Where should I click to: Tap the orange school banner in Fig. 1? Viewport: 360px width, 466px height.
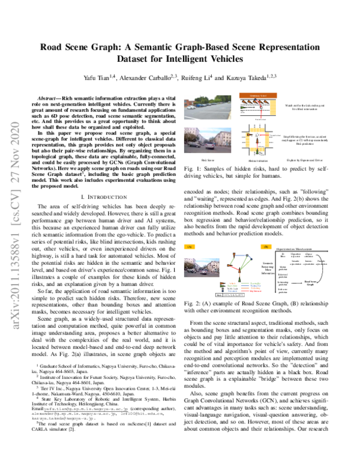pos(257,95)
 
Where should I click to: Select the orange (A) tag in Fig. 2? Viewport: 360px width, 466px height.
pos(190,263)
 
